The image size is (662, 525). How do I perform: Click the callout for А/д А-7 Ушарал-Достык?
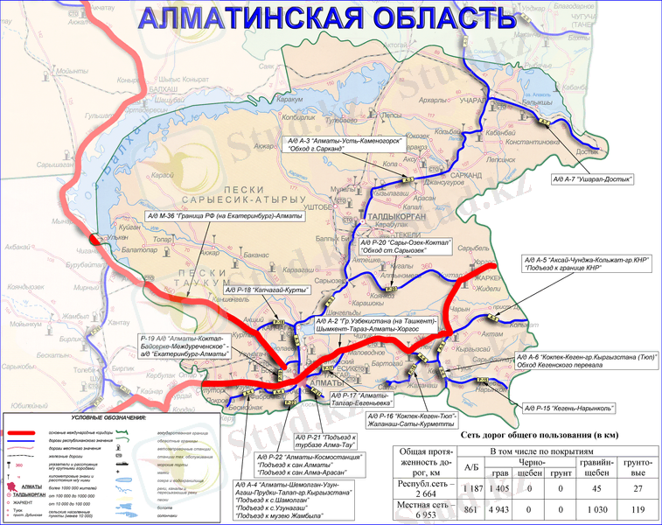click(592, 178)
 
